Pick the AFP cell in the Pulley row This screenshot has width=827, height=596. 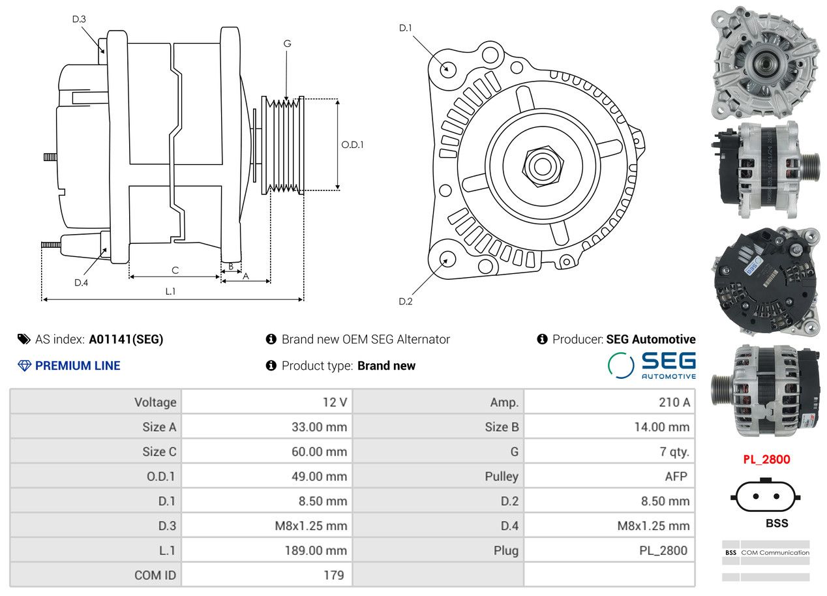coord(676,476)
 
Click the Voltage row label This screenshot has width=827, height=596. coord(155,402)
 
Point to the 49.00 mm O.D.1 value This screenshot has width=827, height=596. coord(319,476)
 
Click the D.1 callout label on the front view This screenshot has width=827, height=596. coord(406,28)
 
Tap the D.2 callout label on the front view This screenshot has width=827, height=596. coord(406,301)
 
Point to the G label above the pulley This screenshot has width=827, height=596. coord(287,44)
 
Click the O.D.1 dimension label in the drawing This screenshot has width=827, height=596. coord(352,145)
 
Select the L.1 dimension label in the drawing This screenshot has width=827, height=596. coord(170,291)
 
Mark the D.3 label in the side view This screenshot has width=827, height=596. coord(79,19)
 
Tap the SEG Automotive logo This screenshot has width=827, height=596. coord(652,365)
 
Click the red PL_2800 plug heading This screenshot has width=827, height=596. coord(766,460)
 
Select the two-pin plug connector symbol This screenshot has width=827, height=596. coord(766,496)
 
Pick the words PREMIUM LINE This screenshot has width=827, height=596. coord(78,366)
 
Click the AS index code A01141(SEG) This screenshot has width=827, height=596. coord(126,340)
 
